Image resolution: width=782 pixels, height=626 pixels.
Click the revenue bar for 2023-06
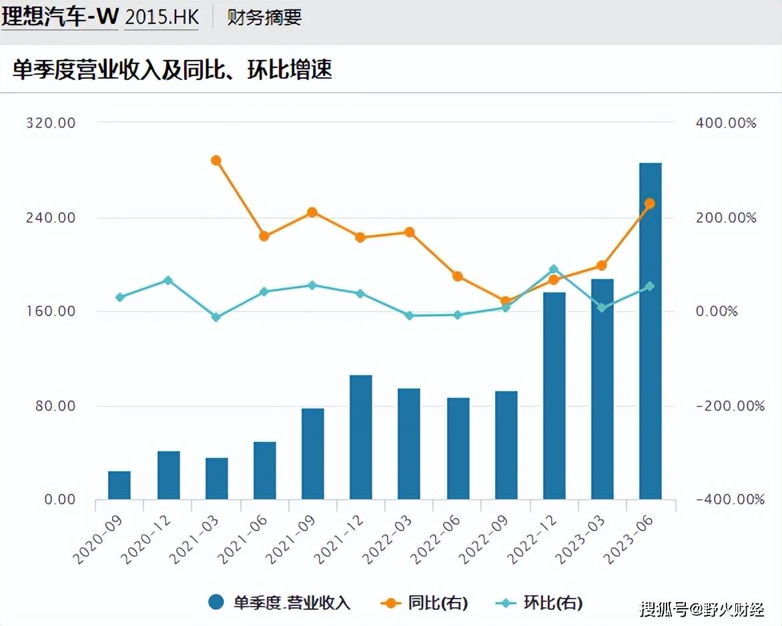pyautogui.click(x=650, y=331)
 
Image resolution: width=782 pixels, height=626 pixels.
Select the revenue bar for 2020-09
pyautogui.click(x=119, y=485)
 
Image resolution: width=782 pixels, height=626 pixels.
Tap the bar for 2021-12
pyautogui.click(x=361, y=437)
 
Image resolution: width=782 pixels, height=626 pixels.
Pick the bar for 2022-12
pyautogui.click(x=554, y=396)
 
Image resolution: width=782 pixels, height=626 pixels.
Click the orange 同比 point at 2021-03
pyautogui.click(x=216, y=160)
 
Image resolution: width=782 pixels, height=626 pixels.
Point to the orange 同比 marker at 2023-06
pyautogui.click(x=650, y=204)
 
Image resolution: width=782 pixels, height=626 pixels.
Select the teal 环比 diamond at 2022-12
pyautogui.click(x=554, y=270)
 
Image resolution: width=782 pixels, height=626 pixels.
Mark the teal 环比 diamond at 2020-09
pyautogui.click(x=120, y=297)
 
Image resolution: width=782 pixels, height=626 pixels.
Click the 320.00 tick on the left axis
pyautogui.click(x=50, y=123)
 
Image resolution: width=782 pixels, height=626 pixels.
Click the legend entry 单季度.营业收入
pyautogui.click(x=280, y=603)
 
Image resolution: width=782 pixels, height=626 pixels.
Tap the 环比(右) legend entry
pyautogui.click(x=540, y=603)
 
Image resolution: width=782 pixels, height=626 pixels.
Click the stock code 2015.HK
pyautogui.click(x=162, y=17)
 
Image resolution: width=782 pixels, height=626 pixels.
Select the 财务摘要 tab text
pyautogui.click(x=265, y=17)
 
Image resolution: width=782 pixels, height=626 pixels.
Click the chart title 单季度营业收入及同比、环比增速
pyautogui.click(x=172, y=69)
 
